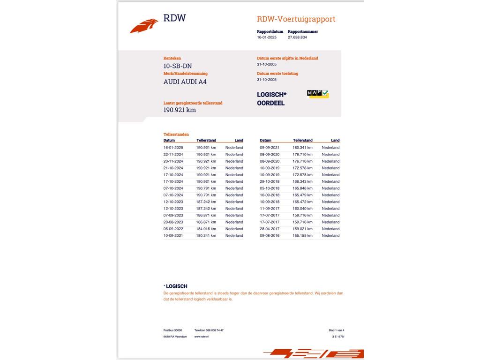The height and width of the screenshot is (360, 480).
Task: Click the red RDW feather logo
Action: point(144,26)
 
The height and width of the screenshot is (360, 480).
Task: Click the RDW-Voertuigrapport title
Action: point(296,19)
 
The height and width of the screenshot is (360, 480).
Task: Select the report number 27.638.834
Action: point(297,37)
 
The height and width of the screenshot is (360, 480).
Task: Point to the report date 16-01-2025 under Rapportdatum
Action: point(267,37)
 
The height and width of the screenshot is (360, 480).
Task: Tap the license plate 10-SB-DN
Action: point(177,66)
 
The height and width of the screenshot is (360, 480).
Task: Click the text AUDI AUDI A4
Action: point(185,82)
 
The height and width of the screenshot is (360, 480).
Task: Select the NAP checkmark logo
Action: point(318,94)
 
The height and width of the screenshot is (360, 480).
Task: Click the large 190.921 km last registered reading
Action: point(180,110)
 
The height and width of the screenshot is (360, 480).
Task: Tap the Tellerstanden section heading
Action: point(176,135)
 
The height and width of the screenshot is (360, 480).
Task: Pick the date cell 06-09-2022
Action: point(173,229)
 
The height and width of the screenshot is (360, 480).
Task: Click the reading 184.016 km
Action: point(206,229)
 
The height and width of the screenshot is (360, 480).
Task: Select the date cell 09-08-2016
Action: point(270,236)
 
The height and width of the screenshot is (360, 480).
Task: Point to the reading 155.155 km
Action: point(302,236)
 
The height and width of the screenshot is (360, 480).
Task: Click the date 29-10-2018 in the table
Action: point(270,181)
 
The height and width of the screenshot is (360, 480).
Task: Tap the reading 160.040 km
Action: point(302,209)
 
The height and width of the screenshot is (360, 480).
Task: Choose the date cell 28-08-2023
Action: point(173,222)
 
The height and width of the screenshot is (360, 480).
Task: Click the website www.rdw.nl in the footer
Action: point(202,337)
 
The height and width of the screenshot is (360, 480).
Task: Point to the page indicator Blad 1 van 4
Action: point(336,330)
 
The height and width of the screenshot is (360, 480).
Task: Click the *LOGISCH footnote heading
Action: point(176,286)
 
